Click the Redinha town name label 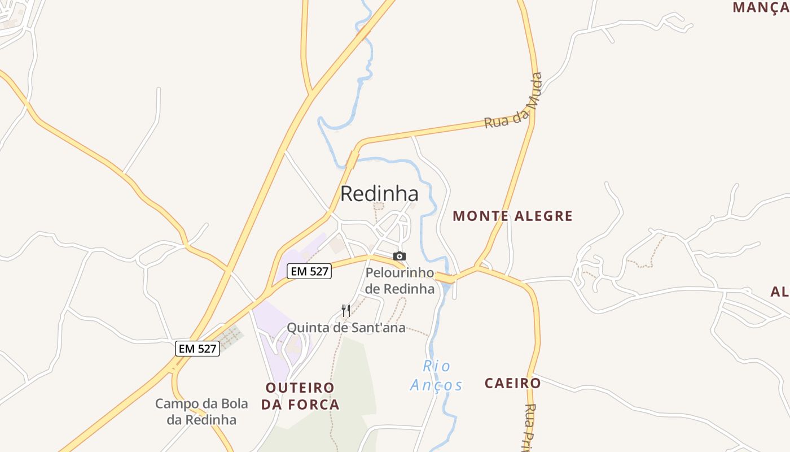pyautogui.click(x=379, y=194)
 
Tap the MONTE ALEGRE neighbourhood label pyautogui.click(x=512, y=216)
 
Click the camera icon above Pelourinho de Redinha pyautogui.click(x=400, y=256)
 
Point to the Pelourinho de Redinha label pyautogui.click(x=400, y=281)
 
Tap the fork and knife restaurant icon pyautogui.click(x=346, y=310)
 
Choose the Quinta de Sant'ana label pyautogui.click(x=346, y=328)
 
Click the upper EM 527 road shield pyautogui.click(x=309, y=271)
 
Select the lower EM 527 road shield pyautogui.click(x=196, y=349)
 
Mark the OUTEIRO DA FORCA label pyautogui.click(x=300, y=396)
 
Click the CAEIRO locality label pyautogui.click(x=512, y=383)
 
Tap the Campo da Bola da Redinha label pyautogui.click(x=201, y=412)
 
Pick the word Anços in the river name pyautogui.click(x=436, y=385)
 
